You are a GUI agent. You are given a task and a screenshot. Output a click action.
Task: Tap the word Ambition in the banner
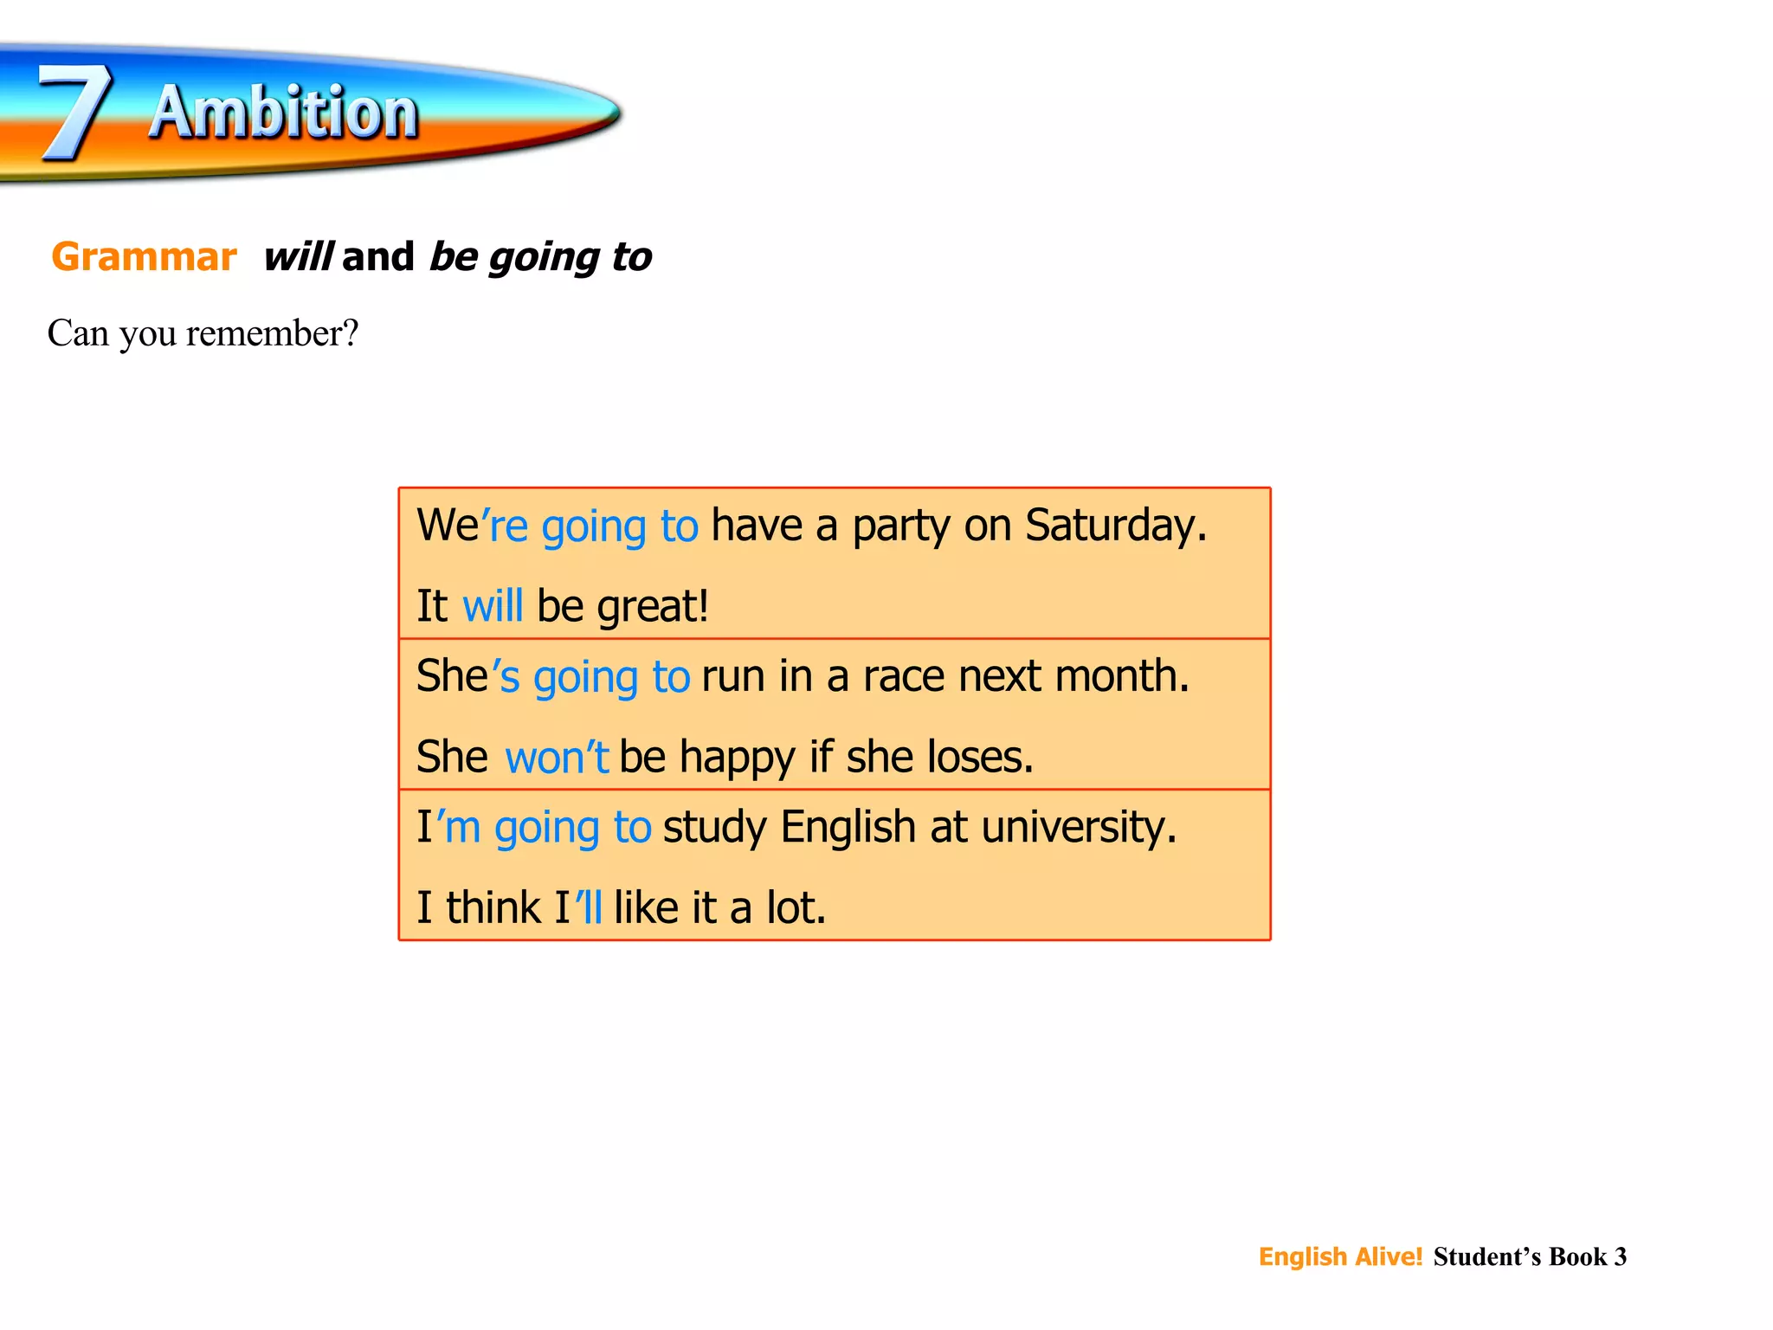coord(284,113)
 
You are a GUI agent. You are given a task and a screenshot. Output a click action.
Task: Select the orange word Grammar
coord(144,257)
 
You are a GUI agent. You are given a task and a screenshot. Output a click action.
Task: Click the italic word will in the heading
coord(298,257)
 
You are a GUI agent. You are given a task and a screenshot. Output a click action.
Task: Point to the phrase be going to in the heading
coord(540,257)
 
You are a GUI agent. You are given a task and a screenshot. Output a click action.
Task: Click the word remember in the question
coord(265,333)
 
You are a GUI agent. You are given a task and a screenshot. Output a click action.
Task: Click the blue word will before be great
coord(493,605)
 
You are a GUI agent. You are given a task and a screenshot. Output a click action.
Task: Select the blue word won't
coord(557,757)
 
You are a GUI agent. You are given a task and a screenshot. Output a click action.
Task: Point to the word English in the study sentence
coord(848,827)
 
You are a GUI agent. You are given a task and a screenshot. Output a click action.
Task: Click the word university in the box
coord(1079,827)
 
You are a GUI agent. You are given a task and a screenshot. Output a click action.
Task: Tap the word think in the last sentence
coord(493,907)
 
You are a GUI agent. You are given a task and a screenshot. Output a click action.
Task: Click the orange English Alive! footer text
coord(1340,1256)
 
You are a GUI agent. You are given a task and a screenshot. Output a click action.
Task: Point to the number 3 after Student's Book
coord(1620,1256)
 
